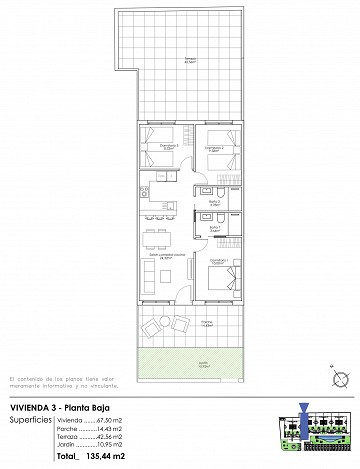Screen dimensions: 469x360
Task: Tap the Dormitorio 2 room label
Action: [213, 147]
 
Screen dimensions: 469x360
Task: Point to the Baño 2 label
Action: [214, 203]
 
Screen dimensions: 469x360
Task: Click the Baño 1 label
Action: [214, 228]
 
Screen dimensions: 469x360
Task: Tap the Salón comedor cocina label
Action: [161, 255]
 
